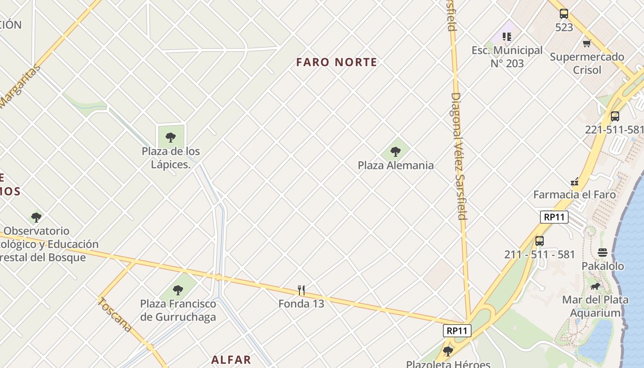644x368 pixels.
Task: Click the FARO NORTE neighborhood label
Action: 337,62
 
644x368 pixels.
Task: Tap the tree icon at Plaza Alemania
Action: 395,151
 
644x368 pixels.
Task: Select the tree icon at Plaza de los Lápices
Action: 171,137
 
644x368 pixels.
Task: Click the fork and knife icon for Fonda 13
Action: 301,290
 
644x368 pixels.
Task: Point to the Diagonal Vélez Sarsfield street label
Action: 459,156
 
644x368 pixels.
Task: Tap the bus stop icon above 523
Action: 564,14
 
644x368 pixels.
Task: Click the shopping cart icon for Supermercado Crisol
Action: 586,44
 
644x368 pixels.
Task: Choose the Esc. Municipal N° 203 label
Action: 507,57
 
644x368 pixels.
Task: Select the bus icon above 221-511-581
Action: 615,116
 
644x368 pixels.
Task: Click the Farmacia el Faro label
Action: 574,195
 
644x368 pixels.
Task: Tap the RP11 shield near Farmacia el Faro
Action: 554,217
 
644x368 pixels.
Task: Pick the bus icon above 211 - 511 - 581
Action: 540,241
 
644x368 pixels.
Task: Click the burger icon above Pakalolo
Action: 603,252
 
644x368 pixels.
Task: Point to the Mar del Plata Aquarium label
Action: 595,306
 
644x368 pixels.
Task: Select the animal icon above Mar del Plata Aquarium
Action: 595,287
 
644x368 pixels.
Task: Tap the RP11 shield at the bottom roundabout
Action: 457,330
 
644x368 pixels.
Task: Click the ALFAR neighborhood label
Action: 231,360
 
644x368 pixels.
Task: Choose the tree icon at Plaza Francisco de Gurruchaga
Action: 178,290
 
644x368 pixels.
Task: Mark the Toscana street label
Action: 115,315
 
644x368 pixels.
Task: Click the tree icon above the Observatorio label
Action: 36,217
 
